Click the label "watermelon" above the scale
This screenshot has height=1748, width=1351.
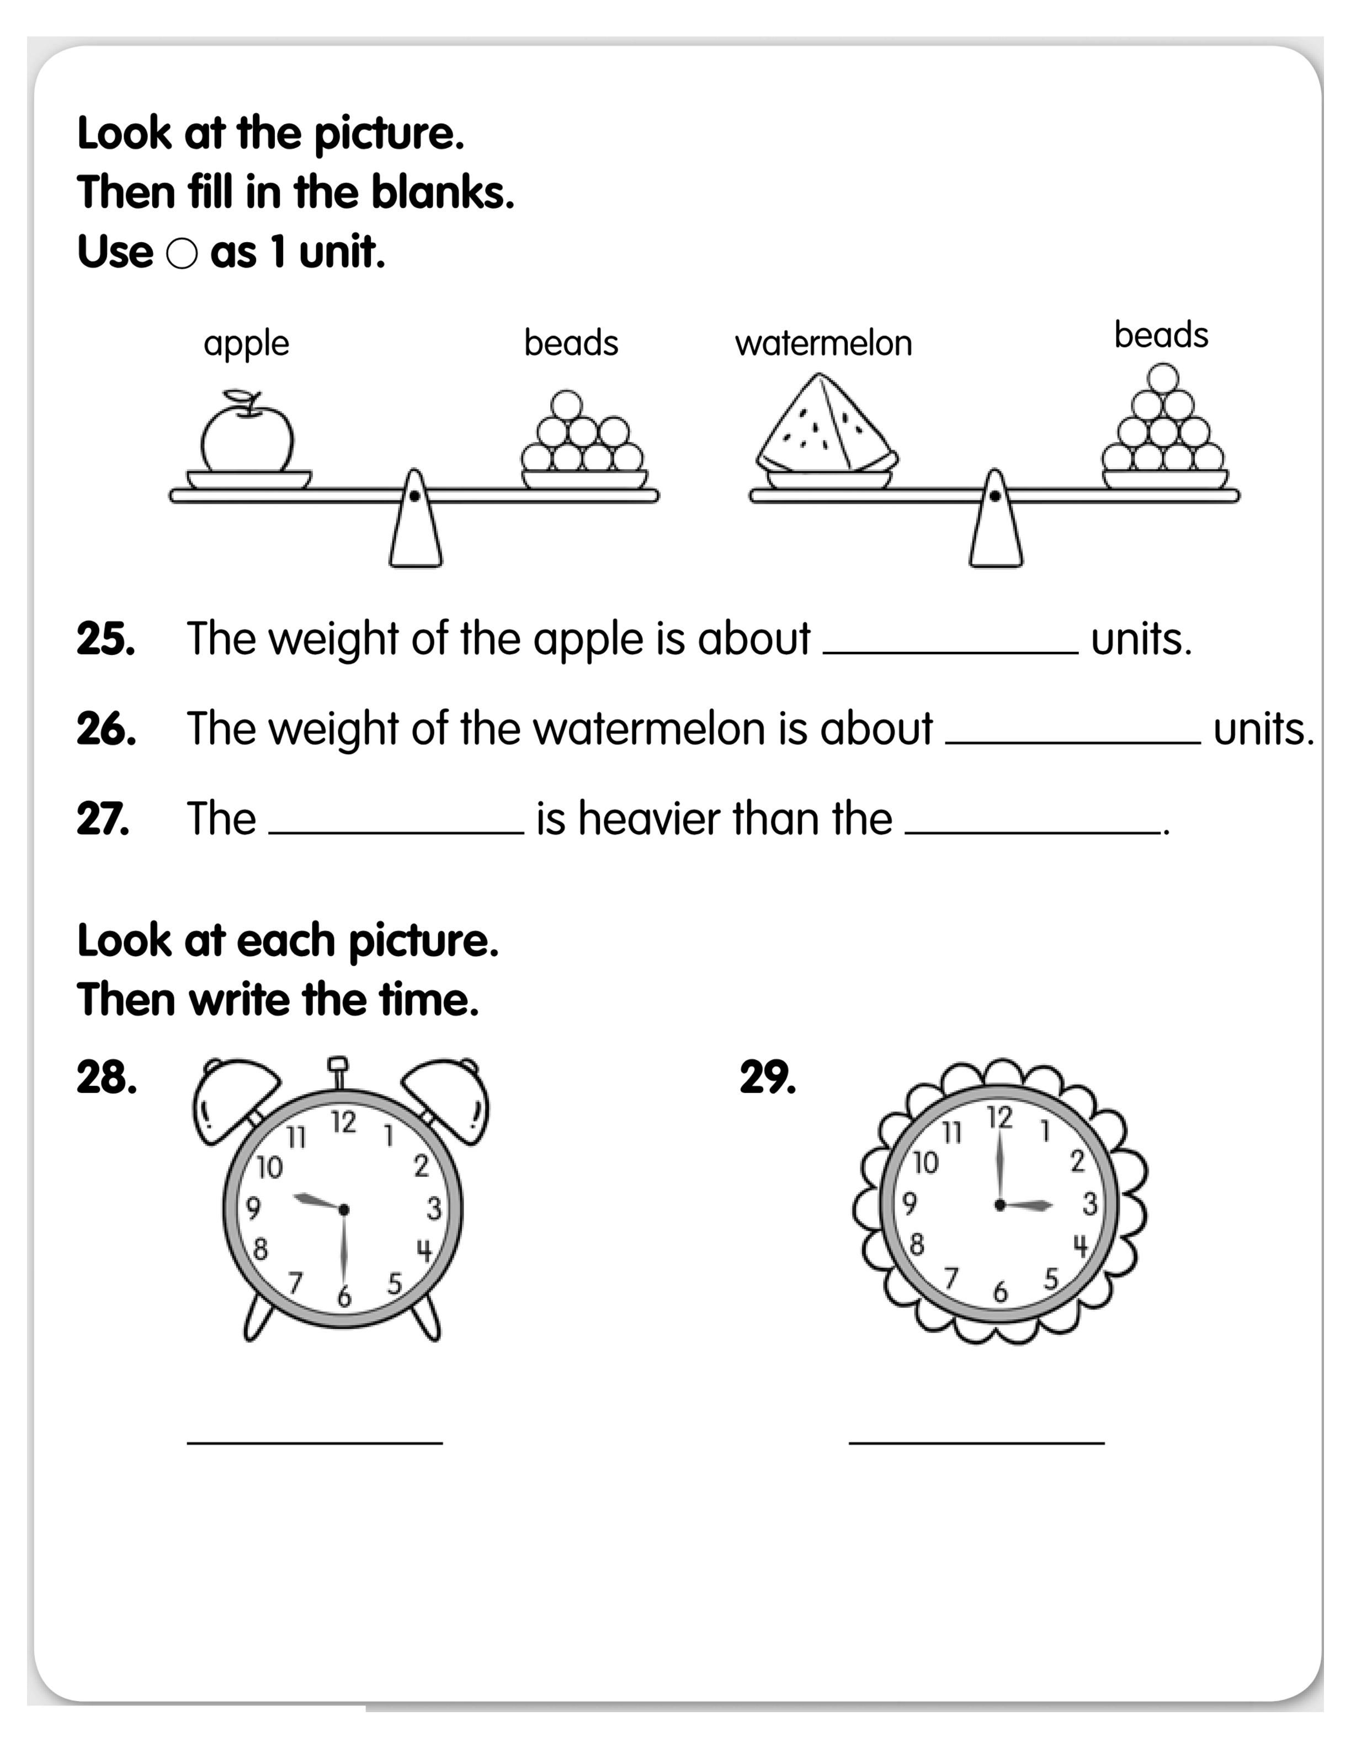click(823, 343)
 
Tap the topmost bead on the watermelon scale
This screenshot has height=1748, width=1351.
click(1163, 379)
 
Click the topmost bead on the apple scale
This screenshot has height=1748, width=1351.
click(567, 405)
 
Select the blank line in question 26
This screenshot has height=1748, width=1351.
click(1072, 743)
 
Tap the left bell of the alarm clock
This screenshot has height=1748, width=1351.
click(235, 1100)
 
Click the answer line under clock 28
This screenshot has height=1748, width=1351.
click(315, 1443)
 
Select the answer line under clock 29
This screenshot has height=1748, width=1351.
click(976, 1443)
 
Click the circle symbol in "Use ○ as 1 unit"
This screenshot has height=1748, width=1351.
click(182, 254)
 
